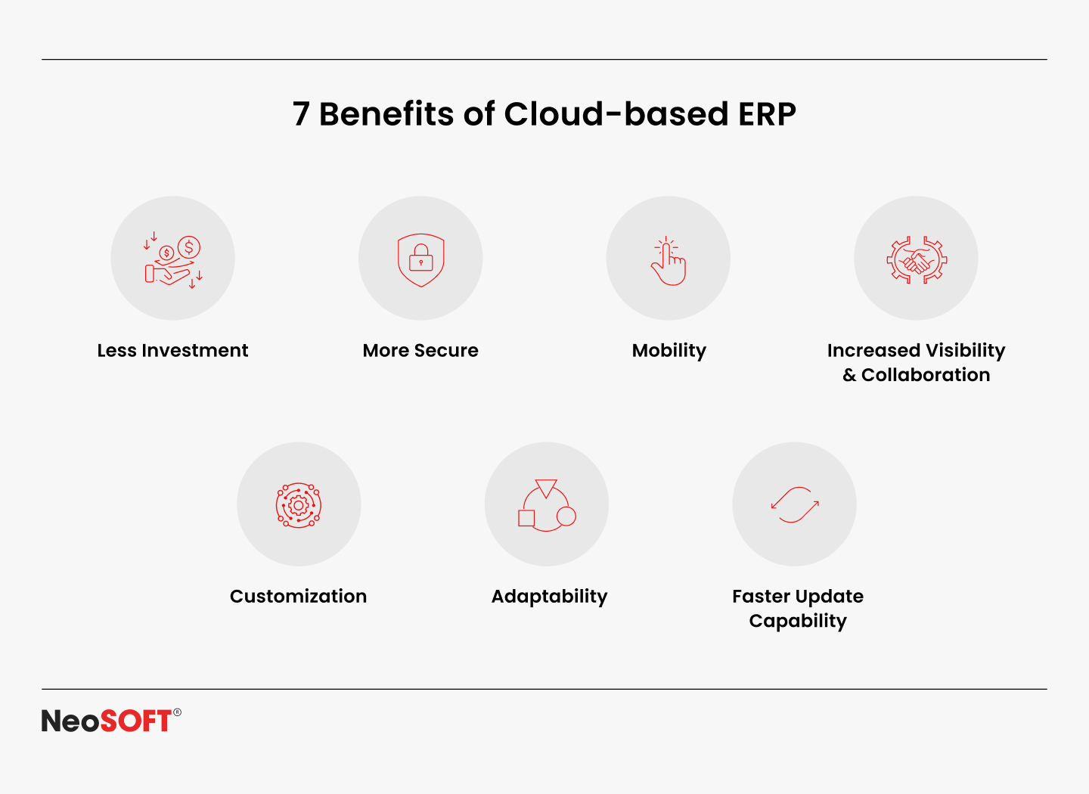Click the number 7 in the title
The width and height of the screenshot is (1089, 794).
[x=301, y=114]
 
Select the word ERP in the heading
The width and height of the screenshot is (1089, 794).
[x=767, y=114]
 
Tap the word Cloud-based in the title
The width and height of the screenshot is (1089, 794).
[x=616, y=113]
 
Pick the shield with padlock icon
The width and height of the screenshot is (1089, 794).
[x=421, y=260]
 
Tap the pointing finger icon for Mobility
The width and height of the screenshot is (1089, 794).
[x=669, y=261]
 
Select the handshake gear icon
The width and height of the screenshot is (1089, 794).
[x=917, y=260]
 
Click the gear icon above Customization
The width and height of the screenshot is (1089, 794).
[x=299, y=506]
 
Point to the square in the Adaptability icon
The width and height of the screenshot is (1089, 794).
[x=526, y=518]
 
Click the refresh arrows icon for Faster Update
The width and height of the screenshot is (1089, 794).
[x=795, y=504]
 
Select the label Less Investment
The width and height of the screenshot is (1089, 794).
[x=172, y=351]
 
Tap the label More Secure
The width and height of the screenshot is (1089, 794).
[x=420, y=351]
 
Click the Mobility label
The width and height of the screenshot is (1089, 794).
[x=669, y=352]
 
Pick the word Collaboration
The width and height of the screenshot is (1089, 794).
[x=926, y=375]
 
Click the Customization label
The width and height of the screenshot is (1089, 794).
[x=299, y=597]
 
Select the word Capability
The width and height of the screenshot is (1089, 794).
[x=798, y=622]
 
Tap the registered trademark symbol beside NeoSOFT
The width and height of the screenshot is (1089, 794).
[x=177, y=712]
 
